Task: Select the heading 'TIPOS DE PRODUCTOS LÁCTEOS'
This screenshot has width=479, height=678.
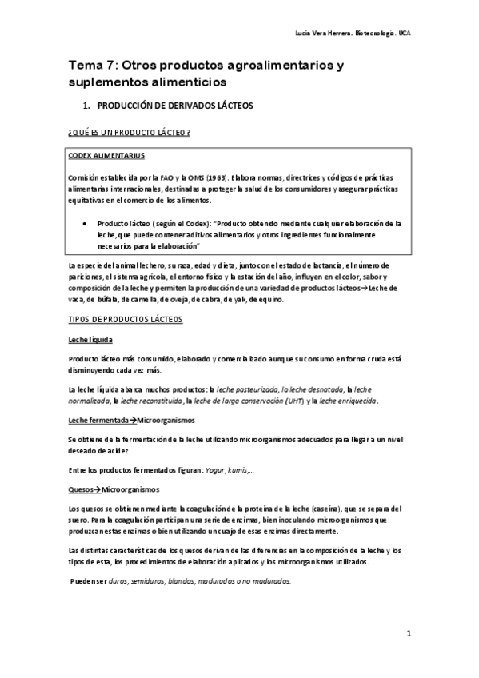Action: click(126, 320)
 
